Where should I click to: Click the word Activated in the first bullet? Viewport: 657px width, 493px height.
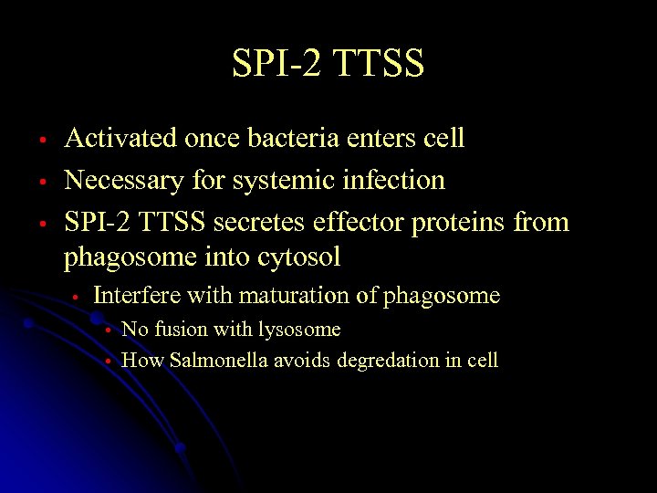coord(120,139)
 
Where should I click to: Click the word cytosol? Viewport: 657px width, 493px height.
coord(299,258)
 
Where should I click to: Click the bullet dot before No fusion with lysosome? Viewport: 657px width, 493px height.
coord(108,330)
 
